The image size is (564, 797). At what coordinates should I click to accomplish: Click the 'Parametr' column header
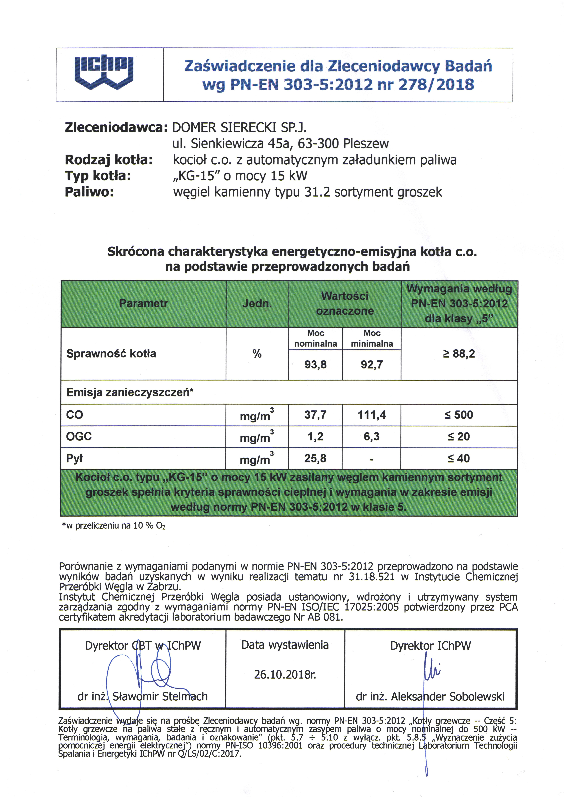[x=143, y=303]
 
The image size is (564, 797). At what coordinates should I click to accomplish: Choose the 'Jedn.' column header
[x=257, y=304]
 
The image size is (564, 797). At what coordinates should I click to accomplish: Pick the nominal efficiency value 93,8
[x=315, y=365]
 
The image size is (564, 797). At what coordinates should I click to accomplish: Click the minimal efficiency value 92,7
[x=372, y=365]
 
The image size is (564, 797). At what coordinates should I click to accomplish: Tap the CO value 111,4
[x=372, y=415]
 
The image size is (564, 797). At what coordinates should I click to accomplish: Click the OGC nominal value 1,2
[x=315, y=436]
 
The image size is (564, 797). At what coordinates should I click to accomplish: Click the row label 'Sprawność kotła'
[x=111, y=354]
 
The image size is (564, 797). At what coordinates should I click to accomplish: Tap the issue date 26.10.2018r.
[x=285, y=674]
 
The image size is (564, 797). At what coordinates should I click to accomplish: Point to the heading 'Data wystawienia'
[x=285, y=645]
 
